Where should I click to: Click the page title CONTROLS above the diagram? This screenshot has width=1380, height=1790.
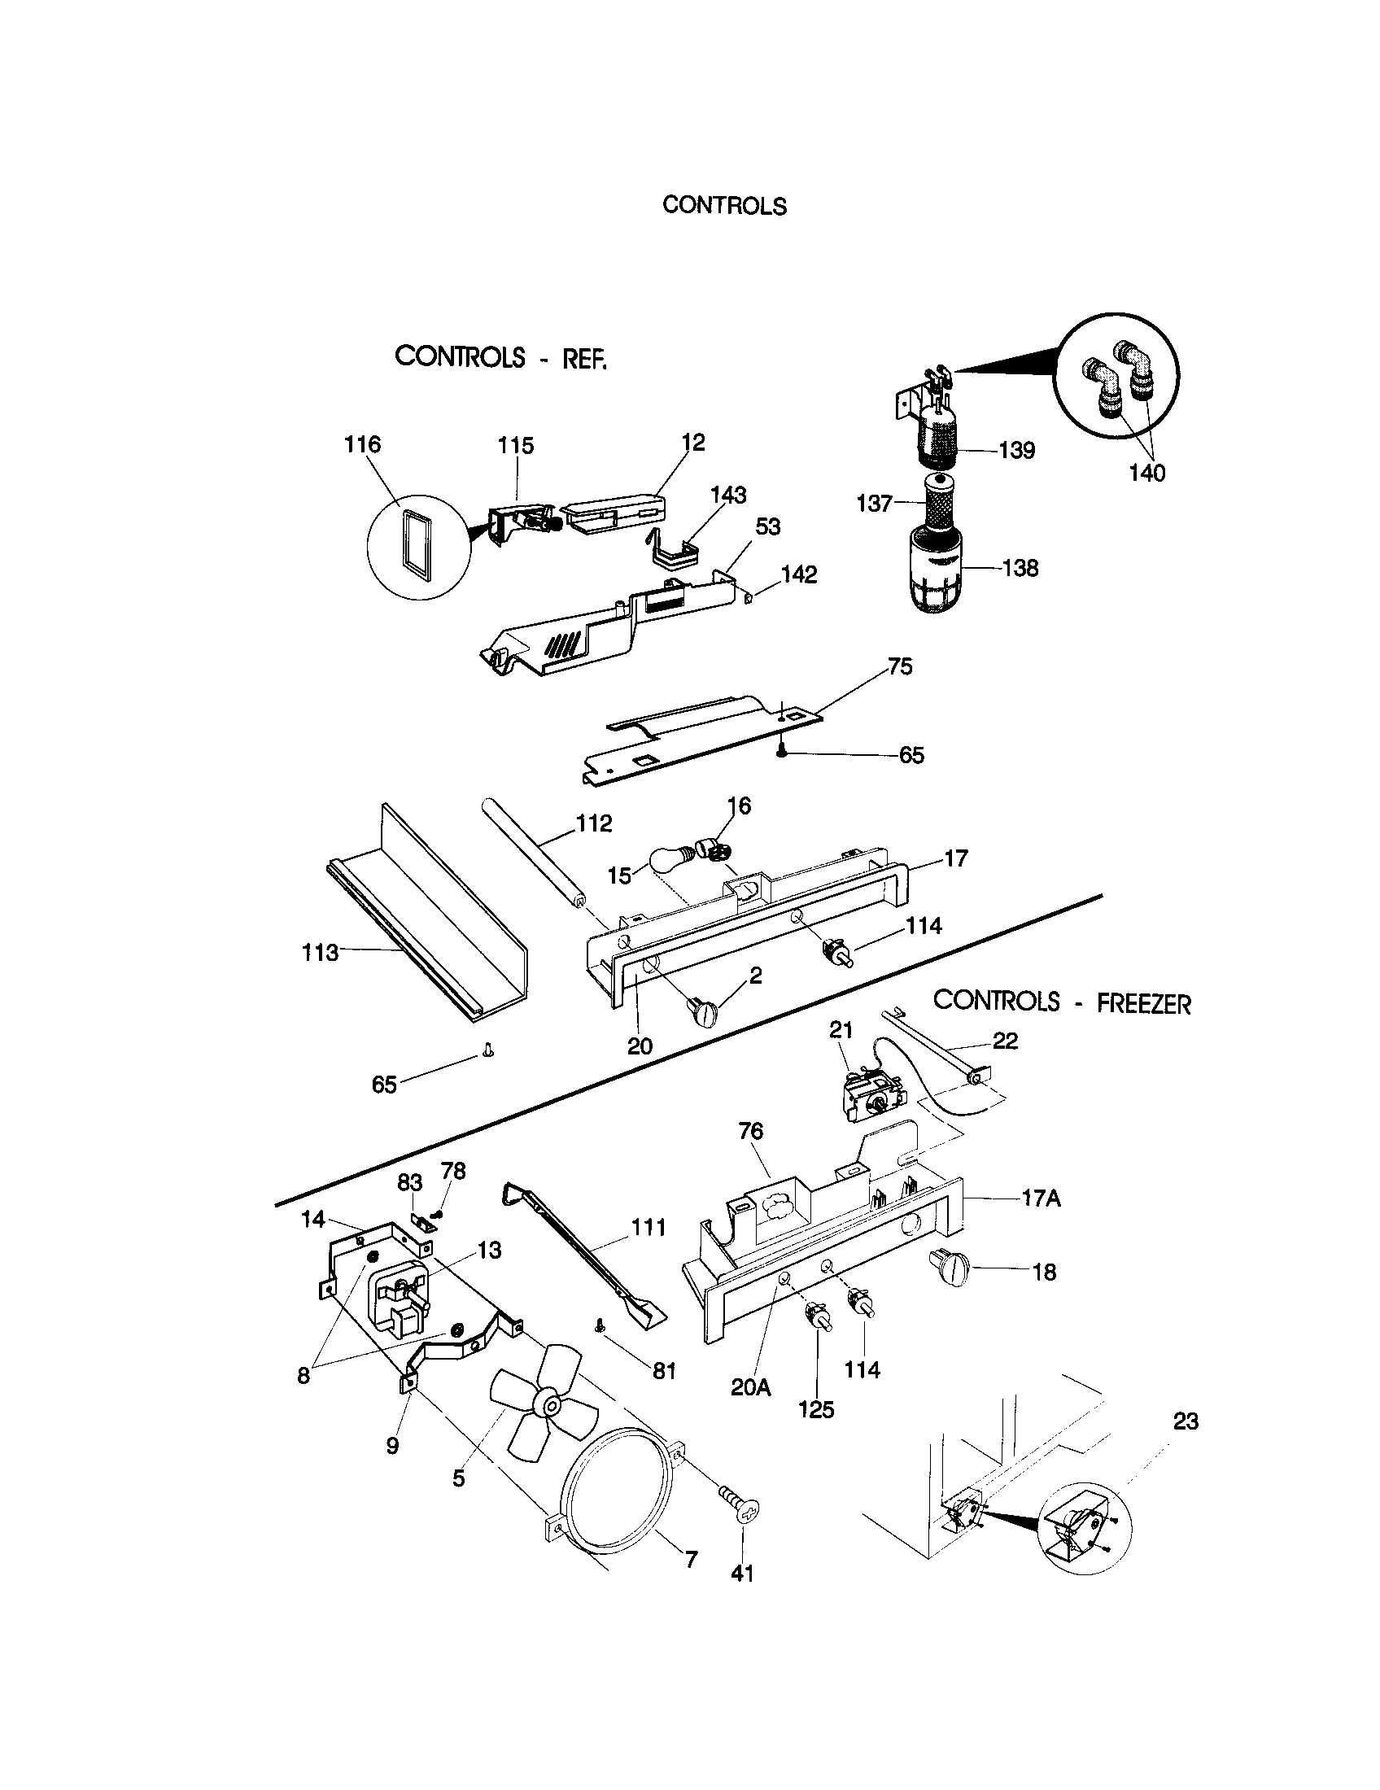pyautogui.click(x=723, y=205)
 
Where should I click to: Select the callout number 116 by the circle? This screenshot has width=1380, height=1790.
pyautogui.click(x=362, y=445)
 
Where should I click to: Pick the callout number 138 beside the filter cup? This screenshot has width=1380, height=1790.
pyautogui.click(x=1020, y=568)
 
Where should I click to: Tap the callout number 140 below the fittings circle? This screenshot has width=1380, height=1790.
pyautogui.click(x=1146, y=473)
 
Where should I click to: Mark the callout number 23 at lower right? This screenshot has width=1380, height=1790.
pyautogui.click(x=1186, y=1421)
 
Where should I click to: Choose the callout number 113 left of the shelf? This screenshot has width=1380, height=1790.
pyautogui.click(x=320, y=953)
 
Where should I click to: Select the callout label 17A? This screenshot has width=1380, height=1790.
pyautogui.click(x=1041, y=1199)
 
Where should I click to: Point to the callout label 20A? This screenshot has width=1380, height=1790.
pyautogui.click(x=751, y=1386)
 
